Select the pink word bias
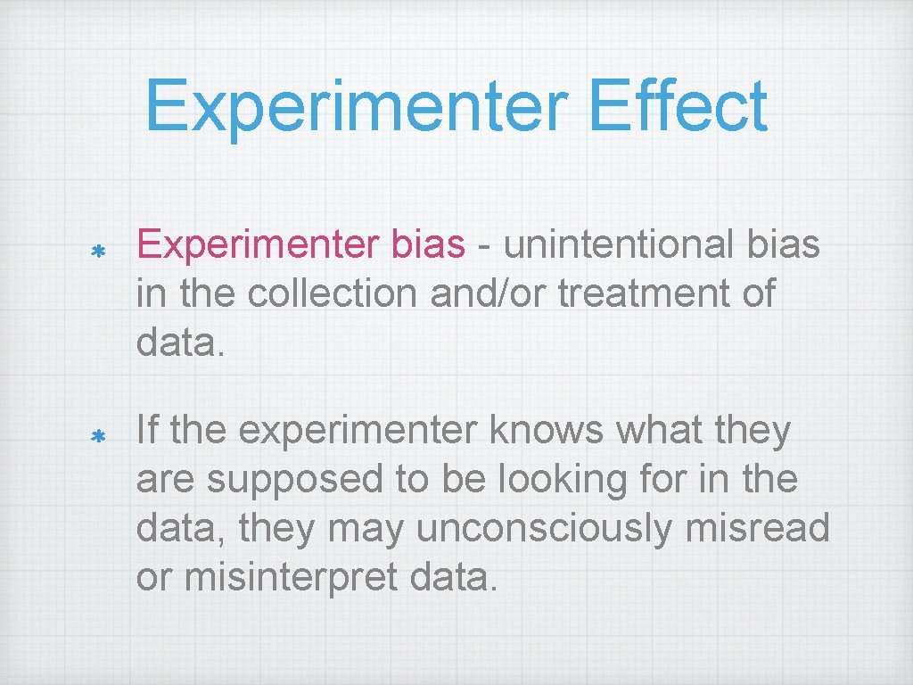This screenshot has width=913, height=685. tap(428, 244)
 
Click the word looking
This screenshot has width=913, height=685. tap(530, 480)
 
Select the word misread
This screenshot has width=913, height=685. tap(759, 529)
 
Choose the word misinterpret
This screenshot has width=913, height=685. tap(293, 578)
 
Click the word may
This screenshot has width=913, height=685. tap(366, 529)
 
